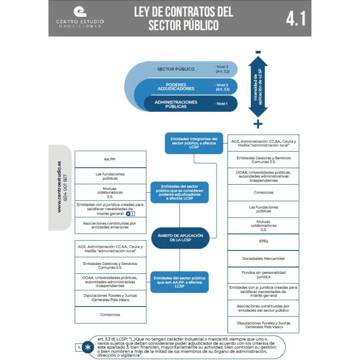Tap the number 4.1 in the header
click(296, 19)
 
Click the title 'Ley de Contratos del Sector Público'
click(184, 18)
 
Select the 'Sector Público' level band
click(176, 69)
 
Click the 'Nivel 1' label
click(222, 104)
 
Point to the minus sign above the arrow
click(258, 52)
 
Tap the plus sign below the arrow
click(258, 125)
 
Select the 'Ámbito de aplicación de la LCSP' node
click(180, 238)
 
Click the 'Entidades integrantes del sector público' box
click(194, 143)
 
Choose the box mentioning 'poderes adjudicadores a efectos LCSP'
click(180, 193)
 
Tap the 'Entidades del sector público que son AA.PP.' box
click(180, 282)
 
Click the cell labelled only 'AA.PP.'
click(110, 159)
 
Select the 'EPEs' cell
click(263, 242)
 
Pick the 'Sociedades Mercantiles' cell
click(263, 258)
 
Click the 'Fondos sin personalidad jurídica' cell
click(263, 275)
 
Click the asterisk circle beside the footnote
click(87, 347)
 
